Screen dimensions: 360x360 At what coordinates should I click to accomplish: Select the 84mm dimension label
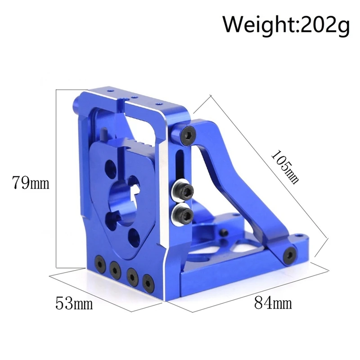tap(273, 302)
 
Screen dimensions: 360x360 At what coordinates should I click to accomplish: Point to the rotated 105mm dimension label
tap(284, 165)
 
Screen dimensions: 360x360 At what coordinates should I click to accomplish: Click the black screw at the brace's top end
tap(189, 134)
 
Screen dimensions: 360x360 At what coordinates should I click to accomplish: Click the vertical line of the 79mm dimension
tap(55, 180)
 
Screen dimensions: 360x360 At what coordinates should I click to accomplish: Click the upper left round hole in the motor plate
tap(110, 169)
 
